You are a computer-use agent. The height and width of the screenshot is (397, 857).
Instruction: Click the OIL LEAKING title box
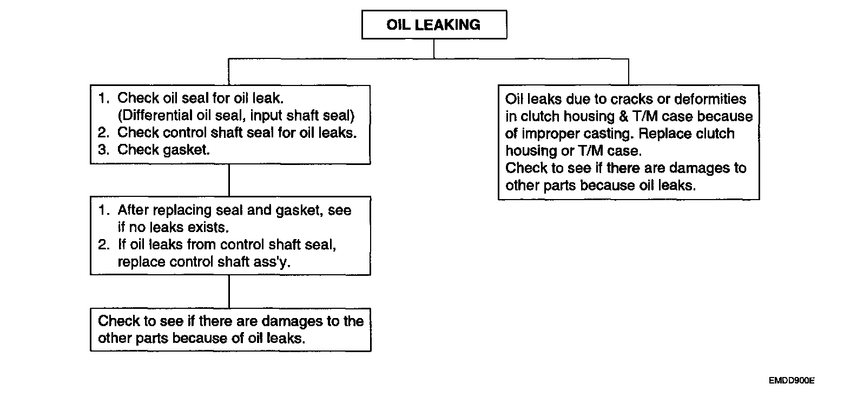(x=434, y=25)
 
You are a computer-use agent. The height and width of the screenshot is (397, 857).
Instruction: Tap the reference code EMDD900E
(x=792, y=381)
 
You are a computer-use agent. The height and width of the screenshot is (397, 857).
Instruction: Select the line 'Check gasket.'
(x=163, y=150)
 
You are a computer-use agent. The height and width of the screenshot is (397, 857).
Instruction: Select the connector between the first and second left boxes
(x=229, y=180)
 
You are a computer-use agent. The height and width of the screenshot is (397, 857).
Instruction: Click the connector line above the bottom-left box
(x=229, y=292)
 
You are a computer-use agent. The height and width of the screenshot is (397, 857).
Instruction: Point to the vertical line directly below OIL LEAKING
(x=434, y=49)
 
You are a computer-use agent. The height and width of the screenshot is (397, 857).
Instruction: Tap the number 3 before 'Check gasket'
(x=103, y=150)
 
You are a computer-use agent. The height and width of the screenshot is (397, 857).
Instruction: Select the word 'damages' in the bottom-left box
(x=292, y=321)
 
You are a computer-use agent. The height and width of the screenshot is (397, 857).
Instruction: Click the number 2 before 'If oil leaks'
(x=103, y=244)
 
